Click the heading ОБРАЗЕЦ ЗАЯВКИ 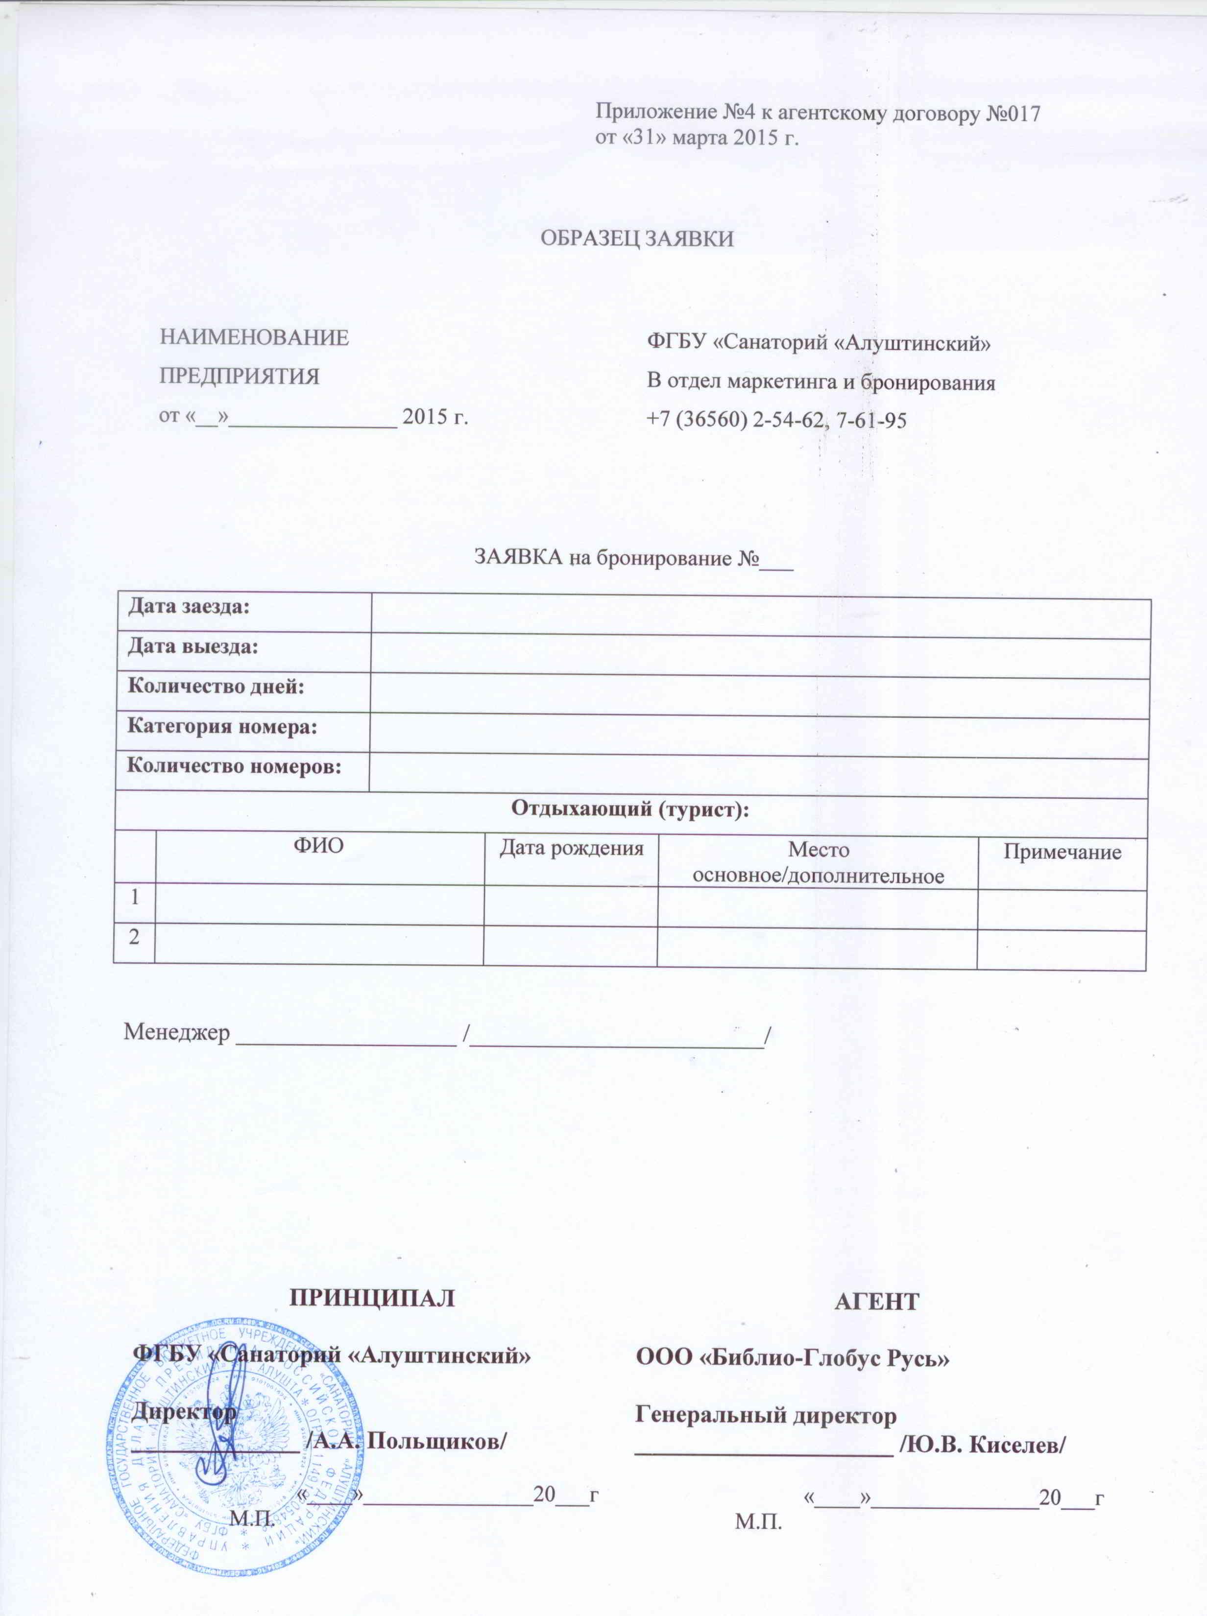pyautogui.click(x=636, y=239)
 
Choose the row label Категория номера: pyautogui.click(x=222, y=727)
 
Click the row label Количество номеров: pyautogui.click(x=235, y=767)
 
